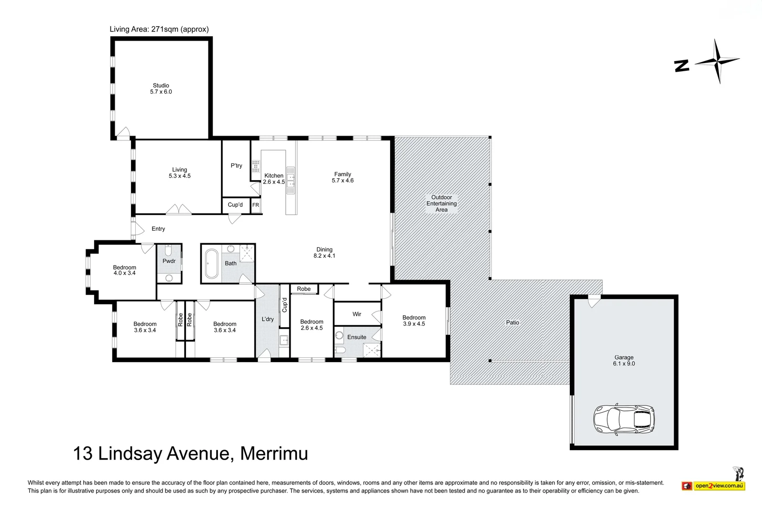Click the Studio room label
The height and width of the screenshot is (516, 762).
(161, 88)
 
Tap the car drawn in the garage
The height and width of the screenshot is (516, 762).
(623, 420)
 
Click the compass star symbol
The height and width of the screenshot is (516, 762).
(717, 61)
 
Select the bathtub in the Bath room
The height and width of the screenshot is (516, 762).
(211, 263)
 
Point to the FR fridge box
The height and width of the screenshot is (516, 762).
(256, 205)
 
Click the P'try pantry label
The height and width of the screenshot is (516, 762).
(236, 166)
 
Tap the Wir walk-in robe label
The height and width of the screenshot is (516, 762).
(357, 314)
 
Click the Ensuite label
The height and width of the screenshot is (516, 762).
(357, 337)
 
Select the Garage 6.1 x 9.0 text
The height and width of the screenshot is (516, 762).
(624, 360)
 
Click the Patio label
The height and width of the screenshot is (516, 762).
(512, 322)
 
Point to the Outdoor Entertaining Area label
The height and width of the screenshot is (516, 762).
(441, 204)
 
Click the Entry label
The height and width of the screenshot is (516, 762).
(158, 229)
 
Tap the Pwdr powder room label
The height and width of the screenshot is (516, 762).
(169, 261)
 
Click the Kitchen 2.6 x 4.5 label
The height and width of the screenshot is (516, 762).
(274, 179)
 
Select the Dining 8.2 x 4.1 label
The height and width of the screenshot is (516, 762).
(324, 252)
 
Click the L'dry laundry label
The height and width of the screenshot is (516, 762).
(268, 319)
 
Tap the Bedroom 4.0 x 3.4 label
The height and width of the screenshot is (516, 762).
(124, 270)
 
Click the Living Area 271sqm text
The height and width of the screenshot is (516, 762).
(159, 29)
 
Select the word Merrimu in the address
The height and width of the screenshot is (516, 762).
(274, 453)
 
